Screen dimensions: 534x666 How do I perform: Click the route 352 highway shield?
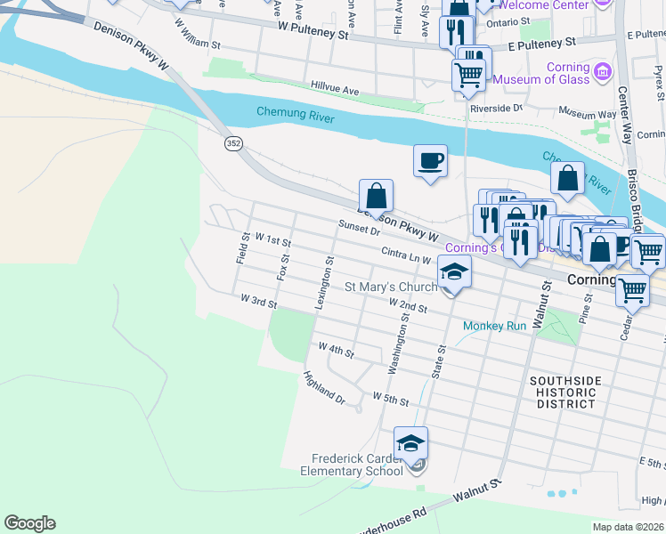[x=233, y=144]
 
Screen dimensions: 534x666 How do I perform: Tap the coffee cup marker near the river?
[x=430, y=161]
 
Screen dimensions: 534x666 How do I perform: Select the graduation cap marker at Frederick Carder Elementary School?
[x=410, y=443]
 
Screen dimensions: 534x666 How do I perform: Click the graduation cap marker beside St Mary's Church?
[x=453, y=271]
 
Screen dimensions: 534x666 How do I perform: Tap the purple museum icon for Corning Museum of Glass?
[x=602, y=71]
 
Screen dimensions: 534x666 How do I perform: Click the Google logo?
[x=29, y=523]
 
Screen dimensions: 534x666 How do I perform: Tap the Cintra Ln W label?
[x=406, y=255]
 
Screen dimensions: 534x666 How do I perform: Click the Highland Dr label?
[x=323, y=388]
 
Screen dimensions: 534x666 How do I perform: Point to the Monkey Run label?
[x=494, y=326]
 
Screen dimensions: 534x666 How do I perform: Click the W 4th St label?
[x=336, y=352]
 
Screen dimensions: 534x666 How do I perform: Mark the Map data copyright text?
[x=628, y=527]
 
